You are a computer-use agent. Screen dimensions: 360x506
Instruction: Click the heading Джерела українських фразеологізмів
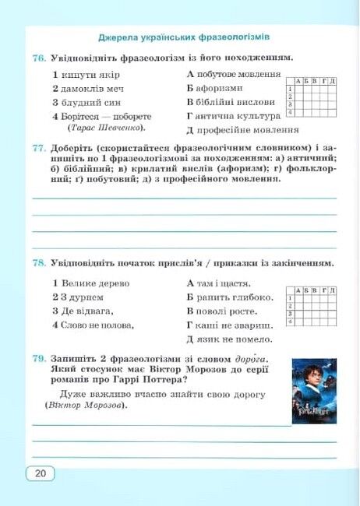coord(184,37)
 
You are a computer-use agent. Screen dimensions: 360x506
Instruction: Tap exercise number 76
coord(40,58)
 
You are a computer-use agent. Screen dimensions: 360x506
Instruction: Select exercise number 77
coord(40,147)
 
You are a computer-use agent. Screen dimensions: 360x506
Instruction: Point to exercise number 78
coord(40,263)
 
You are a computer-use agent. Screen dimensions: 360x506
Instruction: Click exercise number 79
coord(40,357)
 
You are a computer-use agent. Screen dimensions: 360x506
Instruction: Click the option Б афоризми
coord(215,88)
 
